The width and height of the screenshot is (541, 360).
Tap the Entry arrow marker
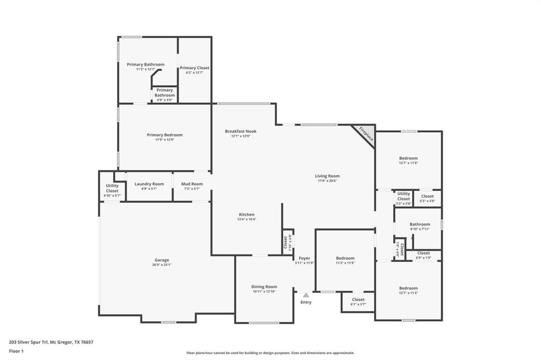[305, 296]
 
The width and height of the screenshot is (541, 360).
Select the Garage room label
[162, 260]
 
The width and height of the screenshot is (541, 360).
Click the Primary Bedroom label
[164, 135]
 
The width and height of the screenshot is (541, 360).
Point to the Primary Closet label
[194, 68]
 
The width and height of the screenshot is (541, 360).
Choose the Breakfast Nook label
[240, 131]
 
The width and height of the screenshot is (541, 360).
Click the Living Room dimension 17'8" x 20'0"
[327, 181]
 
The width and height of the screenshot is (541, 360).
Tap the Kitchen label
[247, 215]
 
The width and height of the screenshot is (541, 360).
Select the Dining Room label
[264, 287]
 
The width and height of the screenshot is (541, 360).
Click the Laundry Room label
[149, 184]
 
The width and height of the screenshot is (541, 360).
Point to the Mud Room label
[192, 184]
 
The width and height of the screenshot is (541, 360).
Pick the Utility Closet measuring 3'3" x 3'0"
[403, 197]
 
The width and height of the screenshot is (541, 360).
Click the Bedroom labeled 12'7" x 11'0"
[408, 158]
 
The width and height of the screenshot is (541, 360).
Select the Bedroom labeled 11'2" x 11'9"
[345, 258]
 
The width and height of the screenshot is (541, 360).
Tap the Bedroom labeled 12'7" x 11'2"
[408, 288]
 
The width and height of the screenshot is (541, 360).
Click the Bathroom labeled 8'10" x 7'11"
[419, 224]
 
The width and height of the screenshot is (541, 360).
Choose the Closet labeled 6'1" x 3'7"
[358, 300]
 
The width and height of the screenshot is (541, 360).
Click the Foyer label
[304, 258]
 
